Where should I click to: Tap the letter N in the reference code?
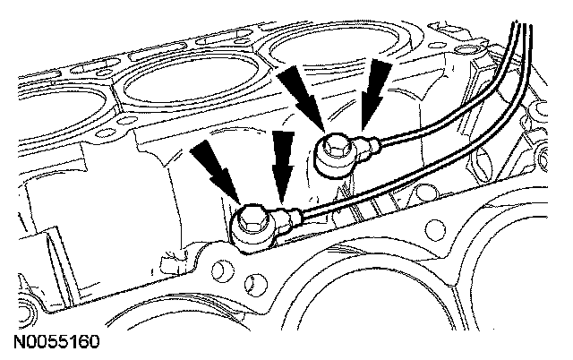[20, 343]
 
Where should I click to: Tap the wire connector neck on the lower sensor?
[287, 217]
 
